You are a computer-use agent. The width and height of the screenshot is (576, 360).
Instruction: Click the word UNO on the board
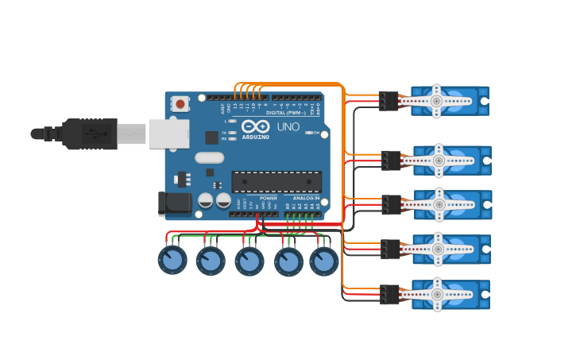tap(288, 126)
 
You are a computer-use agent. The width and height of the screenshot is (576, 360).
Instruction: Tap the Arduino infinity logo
tap(255, 127)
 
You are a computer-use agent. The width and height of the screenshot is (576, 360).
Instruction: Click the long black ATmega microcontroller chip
tap(276, 181)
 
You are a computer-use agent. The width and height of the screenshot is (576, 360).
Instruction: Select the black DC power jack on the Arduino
tap(174, 203)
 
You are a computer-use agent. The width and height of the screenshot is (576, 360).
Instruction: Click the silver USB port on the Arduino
tap(168, 134)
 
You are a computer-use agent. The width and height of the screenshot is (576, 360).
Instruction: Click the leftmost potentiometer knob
tap(172, 260)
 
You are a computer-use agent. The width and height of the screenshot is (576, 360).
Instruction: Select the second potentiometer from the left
tap(211, 261)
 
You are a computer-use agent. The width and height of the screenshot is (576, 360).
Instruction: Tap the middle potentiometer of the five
tap(249, 261)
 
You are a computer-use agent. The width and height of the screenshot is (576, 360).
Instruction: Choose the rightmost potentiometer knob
tap(323, 261)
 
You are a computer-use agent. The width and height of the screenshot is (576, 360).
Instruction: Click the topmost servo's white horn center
tap(436, 101)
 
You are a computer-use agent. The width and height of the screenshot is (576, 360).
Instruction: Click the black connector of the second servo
tap(390, 161)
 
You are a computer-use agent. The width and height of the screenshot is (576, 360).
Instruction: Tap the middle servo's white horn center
tap(439, 204)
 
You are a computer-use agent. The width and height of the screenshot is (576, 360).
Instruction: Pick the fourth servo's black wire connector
tap(389, 249)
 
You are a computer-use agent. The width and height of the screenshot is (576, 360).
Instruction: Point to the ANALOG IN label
tap(306, 198)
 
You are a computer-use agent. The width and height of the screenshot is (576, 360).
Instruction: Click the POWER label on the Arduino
tap(269, 198)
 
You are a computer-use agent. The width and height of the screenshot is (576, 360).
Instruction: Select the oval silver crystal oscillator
tap(209, 157)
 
